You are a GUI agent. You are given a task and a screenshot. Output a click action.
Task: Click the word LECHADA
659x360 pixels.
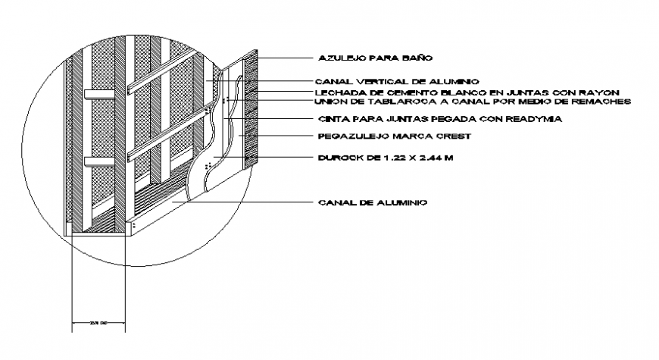tap(337, 91)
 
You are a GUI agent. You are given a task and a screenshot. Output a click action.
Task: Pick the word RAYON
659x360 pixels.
tap(601, 91)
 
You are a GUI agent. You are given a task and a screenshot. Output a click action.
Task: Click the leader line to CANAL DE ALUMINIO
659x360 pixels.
tap(242, 202)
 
